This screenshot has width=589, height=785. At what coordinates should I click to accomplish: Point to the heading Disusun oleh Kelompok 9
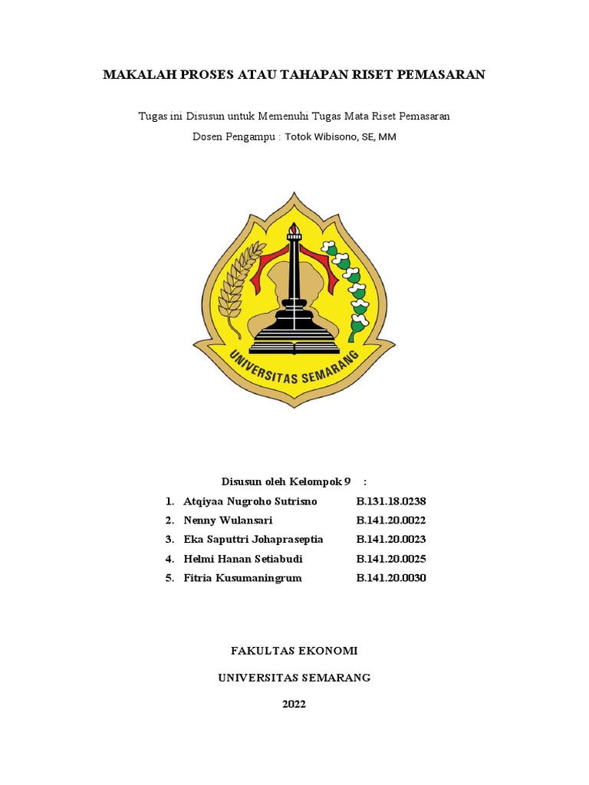tap(286, 481)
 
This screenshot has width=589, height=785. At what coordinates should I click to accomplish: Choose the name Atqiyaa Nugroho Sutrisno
tap(250, 501)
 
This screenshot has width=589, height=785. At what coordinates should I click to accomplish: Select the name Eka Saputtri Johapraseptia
tap(253, 540)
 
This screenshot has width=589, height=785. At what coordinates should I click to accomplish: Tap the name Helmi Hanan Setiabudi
tap(243, 559)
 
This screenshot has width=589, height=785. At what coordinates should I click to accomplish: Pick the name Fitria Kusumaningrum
tap(242, 578)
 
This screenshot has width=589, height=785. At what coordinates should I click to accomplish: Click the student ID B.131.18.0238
tap(390, 501)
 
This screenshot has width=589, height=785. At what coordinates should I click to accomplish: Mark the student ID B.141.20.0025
tap(390, 559)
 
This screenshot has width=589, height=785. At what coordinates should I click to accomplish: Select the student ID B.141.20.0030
tap(390, 578)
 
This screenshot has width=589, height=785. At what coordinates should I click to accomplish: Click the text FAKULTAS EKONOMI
tap(294, 651)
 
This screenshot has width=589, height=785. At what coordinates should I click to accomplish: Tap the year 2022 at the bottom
tap(294, 705)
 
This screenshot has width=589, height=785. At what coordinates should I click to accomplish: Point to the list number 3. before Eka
tap(169, 540)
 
